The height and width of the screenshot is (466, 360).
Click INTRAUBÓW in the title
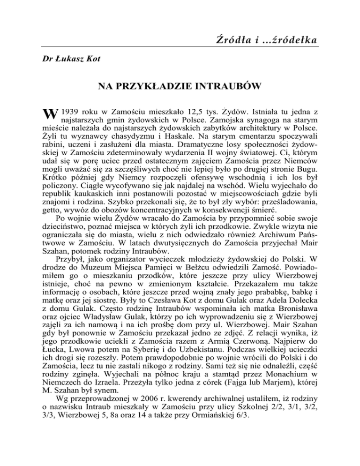pos(221,86)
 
